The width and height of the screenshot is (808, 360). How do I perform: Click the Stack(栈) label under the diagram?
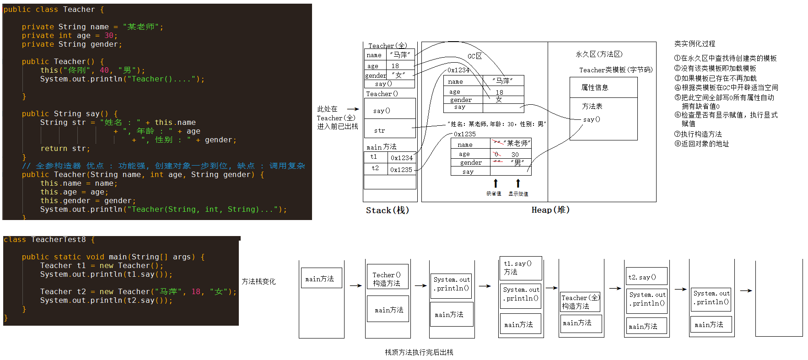tap(387, 210)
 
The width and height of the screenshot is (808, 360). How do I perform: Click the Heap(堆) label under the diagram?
tap(550, 210)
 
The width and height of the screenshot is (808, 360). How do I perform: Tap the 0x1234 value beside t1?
tap(401, 158)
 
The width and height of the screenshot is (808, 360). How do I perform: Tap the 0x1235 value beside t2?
tap(401, 170)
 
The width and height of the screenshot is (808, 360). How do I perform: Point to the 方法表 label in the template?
tap(592, 106)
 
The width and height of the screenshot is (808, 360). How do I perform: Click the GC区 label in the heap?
tap(474, 56)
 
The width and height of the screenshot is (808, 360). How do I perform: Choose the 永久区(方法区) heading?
tap(599, 54)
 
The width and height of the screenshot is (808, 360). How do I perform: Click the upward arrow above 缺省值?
tap(496, 183)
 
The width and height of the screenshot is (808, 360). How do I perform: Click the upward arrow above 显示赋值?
tap(518, 183)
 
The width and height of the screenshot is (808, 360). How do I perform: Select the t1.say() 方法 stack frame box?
tap(521, 268)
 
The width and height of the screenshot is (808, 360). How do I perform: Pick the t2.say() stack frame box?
tap(646, 277)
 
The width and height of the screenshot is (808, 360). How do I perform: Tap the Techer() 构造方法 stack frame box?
tap(388, 279)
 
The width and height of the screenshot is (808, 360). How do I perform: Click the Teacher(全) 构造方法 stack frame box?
tap(580, 302)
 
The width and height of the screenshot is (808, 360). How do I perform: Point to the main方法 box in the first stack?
tap(321, 278)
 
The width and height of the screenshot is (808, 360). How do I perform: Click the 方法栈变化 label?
tap(259, 281)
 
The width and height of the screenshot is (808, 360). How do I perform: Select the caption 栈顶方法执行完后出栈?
tap(419, 352)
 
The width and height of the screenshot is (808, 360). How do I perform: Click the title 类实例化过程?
tap(694, 43)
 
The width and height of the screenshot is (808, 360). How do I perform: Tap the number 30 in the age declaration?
tap(109, 36)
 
